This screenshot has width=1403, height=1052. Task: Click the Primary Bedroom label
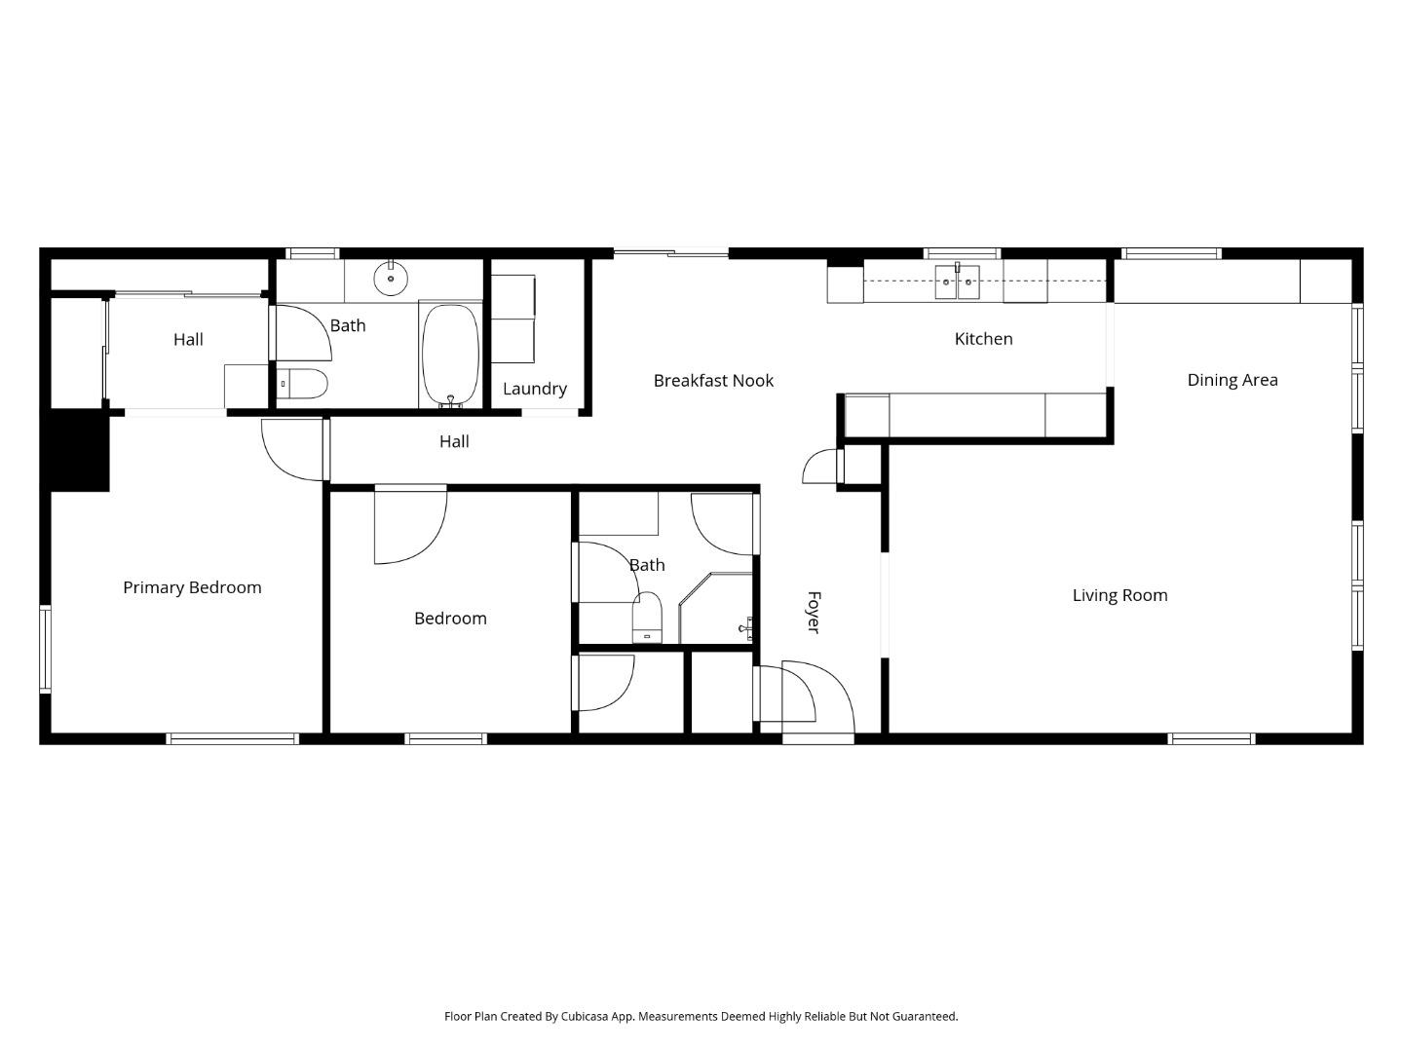click(x=192, y=587)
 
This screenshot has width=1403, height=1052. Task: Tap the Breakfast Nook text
click(x=713, y=381)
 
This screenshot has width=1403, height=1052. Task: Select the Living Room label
click(x=1119, y=595)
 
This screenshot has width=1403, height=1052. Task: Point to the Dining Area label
click(x=1232, y=380)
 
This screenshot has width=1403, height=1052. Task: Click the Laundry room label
click(x=534, y=389)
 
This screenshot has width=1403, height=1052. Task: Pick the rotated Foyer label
click(x=814, y=612)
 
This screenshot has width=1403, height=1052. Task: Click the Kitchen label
click(x=983, y=339)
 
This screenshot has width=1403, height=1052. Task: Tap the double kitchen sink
click(x=957, y=282)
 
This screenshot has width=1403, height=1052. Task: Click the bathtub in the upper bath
click(x=450, y=355)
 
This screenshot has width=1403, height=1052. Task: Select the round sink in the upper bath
click(x=391, y=278)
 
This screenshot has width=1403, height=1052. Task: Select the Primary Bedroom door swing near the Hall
click(x=292, y=448)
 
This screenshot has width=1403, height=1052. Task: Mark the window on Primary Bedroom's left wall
click(x=45, y=649)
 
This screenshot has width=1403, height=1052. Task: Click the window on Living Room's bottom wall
click(x=1211, y=739)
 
